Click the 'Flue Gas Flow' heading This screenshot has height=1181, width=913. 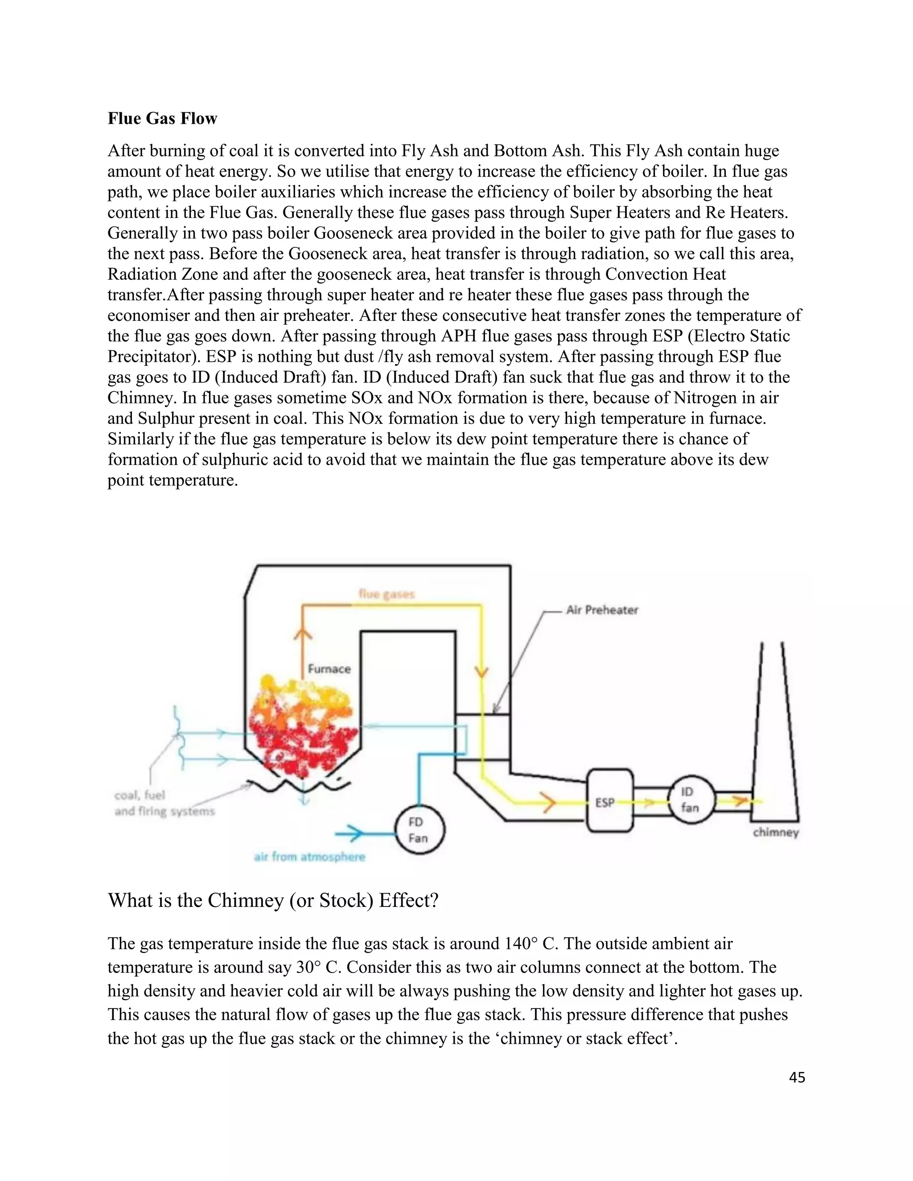coord(162,119)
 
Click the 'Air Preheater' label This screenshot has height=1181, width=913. coord(602,610)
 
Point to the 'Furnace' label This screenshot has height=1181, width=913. coord(329,669)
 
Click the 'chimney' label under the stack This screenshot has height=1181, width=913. coord(776,832)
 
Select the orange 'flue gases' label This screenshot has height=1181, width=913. coord(387,594)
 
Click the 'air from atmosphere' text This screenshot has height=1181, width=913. coord(309,857)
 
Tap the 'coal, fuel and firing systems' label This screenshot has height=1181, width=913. coord(164,803)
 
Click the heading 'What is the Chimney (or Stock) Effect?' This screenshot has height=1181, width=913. coord(273,900)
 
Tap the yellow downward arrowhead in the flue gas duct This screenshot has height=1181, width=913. coord(481,672)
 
